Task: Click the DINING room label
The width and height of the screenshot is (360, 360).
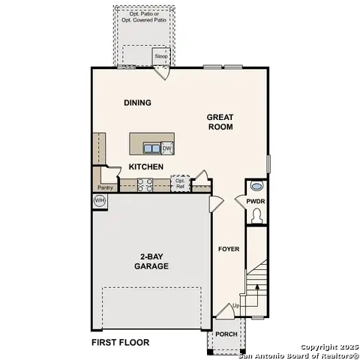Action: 138,103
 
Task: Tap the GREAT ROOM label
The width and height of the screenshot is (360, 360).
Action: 220,121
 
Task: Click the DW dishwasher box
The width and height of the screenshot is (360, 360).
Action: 167,148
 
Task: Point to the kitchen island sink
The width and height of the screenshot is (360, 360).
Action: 151,148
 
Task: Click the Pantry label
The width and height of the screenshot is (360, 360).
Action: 105,187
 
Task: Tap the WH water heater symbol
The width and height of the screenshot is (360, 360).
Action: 99,201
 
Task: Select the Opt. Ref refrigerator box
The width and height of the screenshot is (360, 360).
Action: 180,182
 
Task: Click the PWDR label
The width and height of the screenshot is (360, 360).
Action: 256,201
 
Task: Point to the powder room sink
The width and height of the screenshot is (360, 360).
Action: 256,186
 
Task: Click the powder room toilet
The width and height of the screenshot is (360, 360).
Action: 256,216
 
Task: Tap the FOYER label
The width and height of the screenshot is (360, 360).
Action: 228,249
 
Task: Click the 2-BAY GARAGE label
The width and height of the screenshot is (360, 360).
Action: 150,261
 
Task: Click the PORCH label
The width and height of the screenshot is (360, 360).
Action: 226,334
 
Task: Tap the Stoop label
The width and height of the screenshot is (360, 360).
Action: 160,56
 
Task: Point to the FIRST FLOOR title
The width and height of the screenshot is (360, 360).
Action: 120,343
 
